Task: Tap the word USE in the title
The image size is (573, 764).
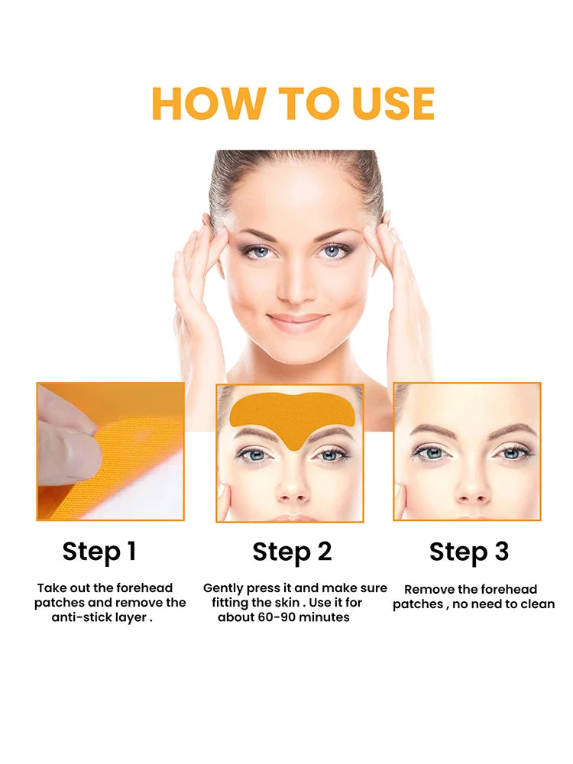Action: coord(393,104)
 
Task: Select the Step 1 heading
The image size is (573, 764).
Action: coord(99,552)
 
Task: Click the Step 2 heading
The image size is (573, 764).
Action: coord(292,552)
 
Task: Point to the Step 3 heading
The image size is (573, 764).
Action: coord(468,552)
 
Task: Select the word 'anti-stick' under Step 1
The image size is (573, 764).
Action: coord(81,617)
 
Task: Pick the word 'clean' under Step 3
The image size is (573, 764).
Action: coord(537,604)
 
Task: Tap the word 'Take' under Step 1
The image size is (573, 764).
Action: coord(51,588)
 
